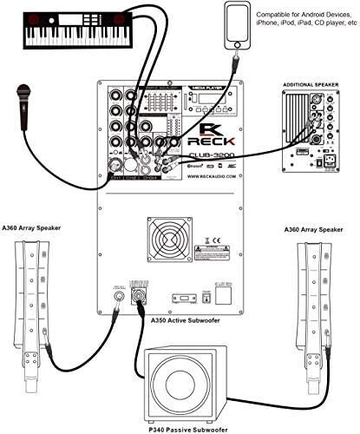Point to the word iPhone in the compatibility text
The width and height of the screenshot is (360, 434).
tap(274, 26)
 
